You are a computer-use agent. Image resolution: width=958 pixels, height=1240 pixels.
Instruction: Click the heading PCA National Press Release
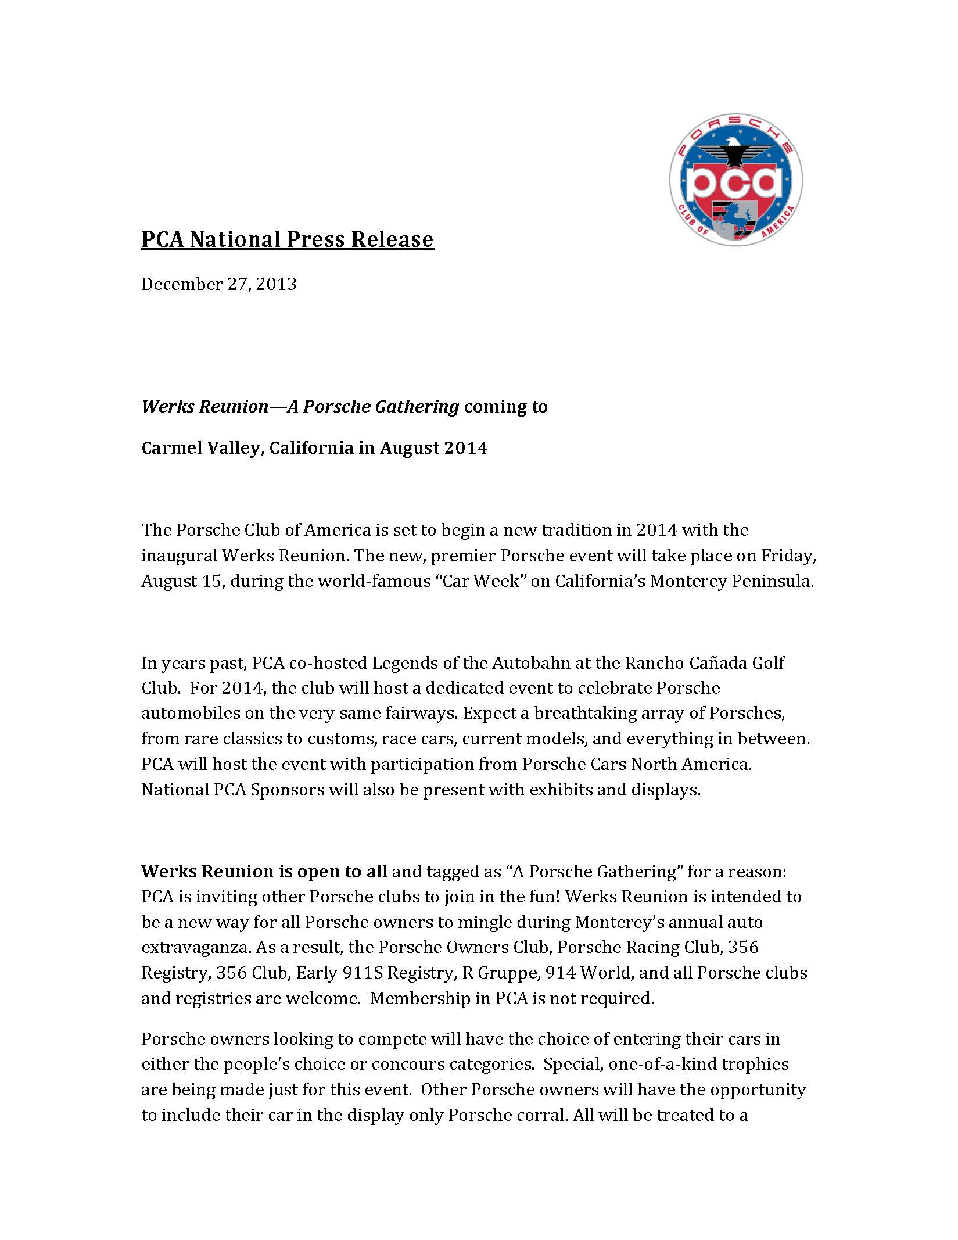[x=287, y=239]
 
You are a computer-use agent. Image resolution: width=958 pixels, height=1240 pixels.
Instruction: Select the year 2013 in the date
[x=277, y=284]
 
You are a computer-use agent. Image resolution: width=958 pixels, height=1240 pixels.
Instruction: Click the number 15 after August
[x=211, y=581]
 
